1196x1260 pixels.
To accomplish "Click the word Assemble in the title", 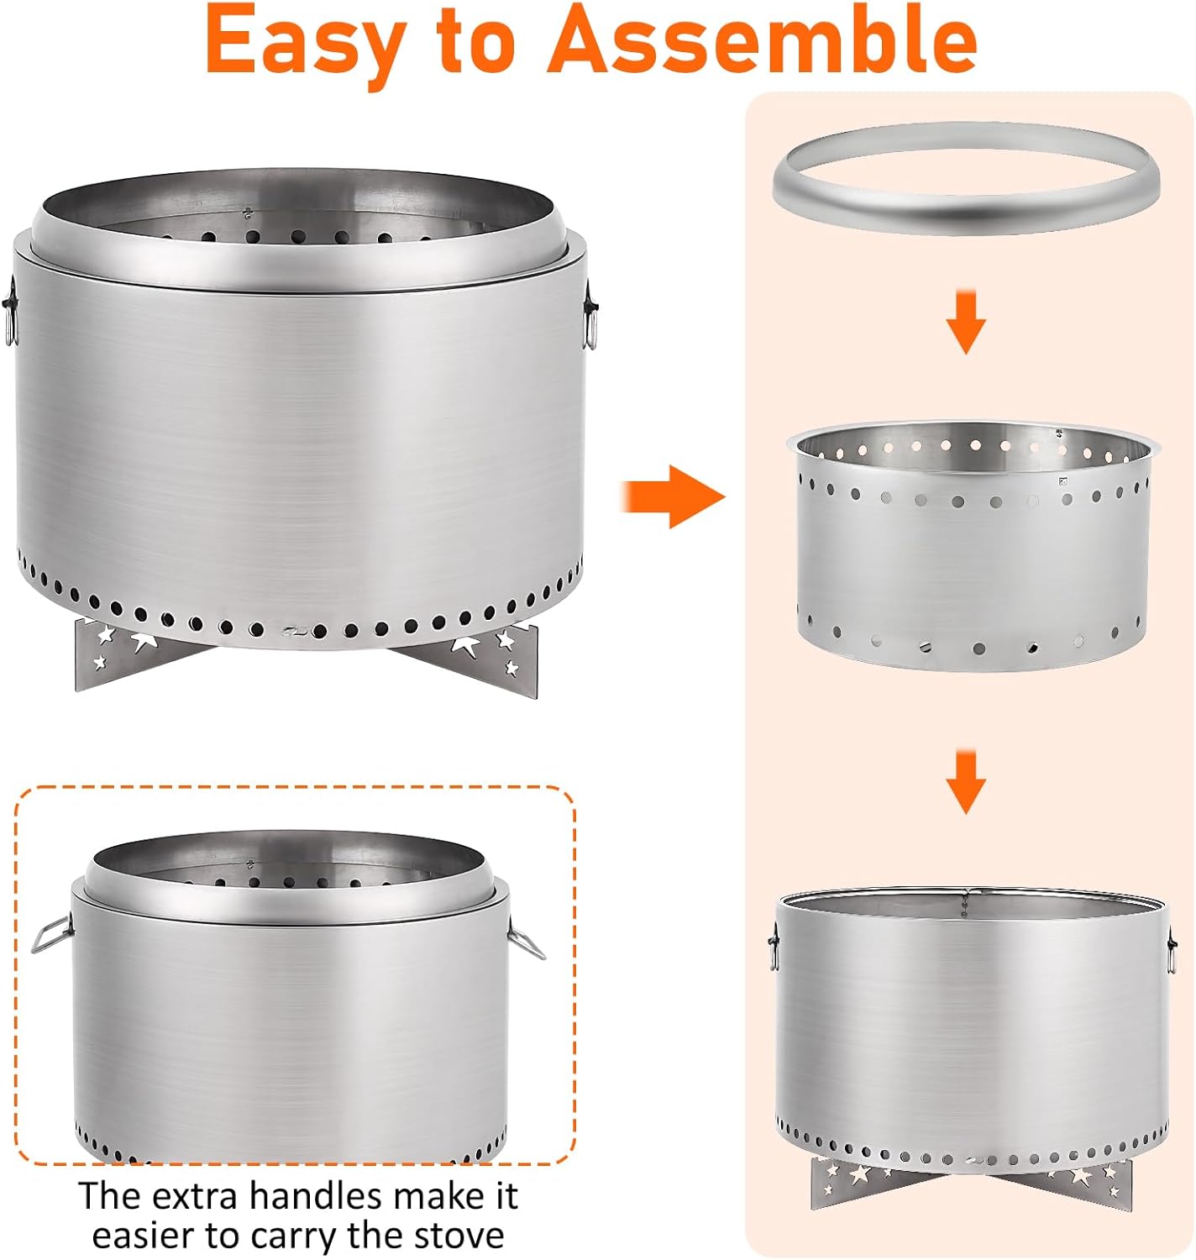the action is click(x=762, y=39).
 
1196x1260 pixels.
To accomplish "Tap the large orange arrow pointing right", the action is click(x=673, y=496).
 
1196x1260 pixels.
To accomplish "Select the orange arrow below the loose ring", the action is click(x=966, y=323).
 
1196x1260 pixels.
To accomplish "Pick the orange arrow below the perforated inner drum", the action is click(x=966, y=782).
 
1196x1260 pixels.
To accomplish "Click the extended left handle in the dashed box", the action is click(x=51, y=934).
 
